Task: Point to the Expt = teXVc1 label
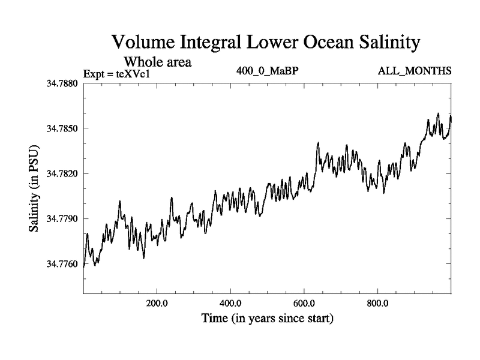119,74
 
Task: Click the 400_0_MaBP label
268,72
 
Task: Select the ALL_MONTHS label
415,72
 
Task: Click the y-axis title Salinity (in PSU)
34,189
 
